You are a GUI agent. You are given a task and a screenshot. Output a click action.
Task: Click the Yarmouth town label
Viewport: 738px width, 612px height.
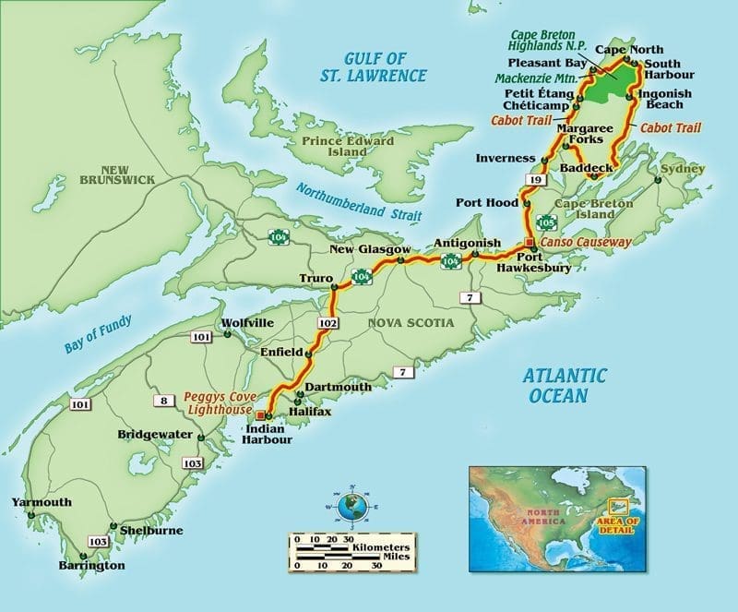(x=41, y=502)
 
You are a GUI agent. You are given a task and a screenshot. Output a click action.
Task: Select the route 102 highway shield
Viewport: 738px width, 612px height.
(x=324, y=324)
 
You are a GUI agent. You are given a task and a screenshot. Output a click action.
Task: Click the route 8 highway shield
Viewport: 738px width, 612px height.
(x=163, y=400)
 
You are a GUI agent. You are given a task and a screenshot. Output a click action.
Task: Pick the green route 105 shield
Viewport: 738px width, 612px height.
(x=546, y=222)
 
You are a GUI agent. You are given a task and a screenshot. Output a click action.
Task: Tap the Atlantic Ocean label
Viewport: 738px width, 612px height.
(x=565, y=385)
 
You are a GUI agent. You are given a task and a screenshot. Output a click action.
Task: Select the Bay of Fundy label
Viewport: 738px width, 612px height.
(x=99, y=334)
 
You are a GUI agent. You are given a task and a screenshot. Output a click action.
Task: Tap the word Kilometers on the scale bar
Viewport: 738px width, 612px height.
(x=380, y=547)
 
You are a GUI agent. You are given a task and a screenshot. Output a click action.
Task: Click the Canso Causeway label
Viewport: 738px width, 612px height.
(x=585, y=242)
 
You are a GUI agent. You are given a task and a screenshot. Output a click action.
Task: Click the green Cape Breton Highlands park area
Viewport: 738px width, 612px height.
(x=616, y=81)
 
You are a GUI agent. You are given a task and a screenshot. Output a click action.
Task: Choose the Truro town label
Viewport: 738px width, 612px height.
(x=315, y=277)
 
